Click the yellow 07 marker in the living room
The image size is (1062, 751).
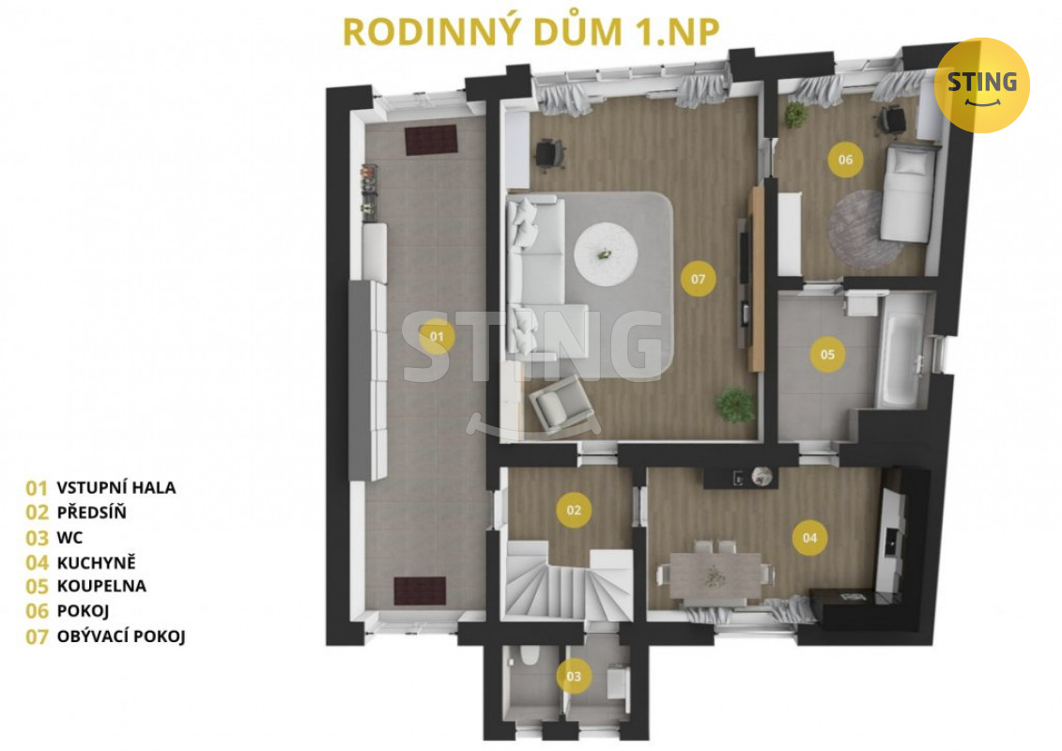[x=699, y=278]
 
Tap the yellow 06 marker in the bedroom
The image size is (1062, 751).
[x=845, y=160]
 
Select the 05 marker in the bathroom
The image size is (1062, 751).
[x=827, y=354]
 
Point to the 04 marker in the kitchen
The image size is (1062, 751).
[x=810, y=538]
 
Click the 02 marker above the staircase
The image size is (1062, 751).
[x=574, y=510]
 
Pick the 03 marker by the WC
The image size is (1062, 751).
[x=574, y=676]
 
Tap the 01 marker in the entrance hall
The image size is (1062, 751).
[x=437, y=337]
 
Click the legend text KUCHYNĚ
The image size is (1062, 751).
[x=96, y=562]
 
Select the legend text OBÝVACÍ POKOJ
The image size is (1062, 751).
[x=121, y=636]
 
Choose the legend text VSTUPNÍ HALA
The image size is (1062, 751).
[x=116, y=487]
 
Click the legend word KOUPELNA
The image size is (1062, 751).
[x=101, y=586]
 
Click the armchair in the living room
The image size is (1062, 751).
[x=562, y=405]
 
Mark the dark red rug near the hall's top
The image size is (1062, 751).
[x=431, y=140]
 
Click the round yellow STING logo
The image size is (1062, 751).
[x=981, y=85]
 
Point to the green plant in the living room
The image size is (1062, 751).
[x=735, y=405]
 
